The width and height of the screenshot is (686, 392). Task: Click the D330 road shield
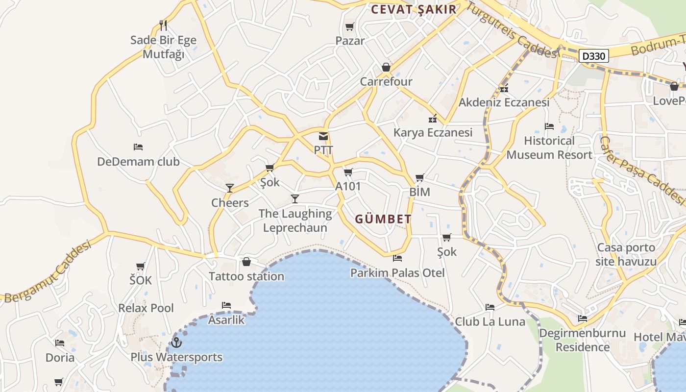click(594, 56)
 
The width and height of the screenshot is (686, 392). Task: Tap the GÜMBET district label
click(383, 219)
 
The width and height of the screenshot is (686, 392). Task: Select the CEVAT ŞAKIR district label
click(414, 9)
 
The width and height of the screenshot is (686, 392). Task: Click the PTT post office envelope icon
click(323, 136)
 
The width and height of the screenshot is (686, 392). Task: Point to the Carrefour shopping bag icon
click(386, 67)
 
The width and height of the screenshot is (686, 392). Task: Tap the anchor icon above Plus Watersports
click(176, 343)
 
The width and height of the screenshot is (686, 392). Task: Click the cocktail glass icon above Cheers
click(229, 188)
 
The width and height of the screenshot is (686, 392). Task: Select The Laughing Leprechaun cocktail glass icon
click(295, 198)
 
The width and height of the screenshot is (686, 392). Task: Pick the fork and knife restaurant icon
click(164, 25)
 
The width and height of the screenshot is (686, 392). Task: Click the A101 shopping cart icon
click(348, 172)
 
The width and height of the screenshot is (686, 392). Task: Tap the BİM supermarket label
click(419, 192)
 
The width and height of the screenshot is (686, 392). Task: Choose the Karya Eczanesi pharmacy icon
click(433, 119)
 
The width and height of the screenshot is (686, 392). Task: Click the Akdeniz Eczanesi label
click(504, 103)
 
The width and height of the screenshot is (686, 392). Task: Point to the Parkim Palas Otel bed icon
click(397, 258)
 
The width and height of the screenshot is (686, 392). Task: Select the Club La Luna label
click(490, 322)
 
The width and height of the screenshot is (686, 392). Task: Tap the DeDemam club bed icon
click(138, 147)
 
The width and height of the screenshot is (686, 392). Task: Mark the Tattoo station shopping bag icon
click(246, 262)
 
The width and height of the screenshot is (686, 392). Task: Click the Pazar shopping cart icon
click(349, 27)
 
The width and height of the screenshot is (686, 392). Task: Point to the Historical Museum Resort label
click(549, 148)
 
